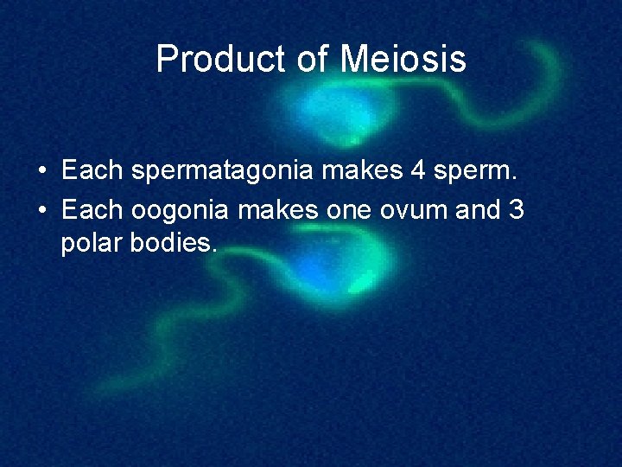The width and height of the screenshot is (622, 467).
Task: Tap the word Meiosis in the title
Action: coord(403,60)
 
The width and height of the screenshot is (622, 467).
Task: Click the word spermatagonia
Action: coord(227,170)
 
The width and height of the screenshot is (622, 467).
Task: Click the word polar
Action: coord(92,244)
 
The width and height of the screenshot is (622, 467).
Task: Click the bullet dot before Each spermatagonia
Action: coord(42,171)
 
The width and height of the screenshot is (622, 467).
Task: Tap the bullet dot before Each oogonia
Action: coord(42,209)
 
